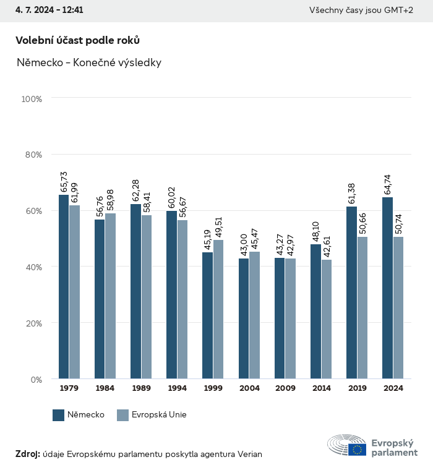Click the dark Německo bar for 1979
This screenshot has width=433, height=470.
(64, 287)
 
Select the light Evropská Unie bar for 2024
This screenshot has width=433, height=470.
(398, 308)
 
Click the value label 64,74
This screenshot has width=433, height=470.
(388, 185)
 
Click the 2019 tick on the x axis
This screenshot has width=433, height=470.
(357, 388)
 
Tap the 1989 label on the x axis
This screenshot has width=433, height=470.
(141, 388)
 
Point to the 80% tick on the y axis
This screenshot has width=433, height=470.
(32, 155)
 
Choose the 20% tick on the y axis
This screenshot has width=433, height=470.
(32, 323)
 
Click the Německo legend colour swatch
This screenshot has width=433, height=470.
(59, 415)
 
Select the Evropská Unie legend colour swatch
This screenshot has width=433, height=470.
(122, 415)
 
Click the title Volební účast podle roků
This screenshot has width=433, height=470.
(77, 40)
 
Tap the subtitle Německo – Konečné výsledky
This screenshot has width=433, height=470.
(89, 62)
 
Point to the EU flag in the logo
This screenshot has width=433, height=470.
(357, 450)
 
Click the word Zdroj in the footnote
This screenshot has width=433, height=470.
(27, 454)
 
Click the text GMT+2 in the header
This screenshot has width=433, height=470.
(400, 11)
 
